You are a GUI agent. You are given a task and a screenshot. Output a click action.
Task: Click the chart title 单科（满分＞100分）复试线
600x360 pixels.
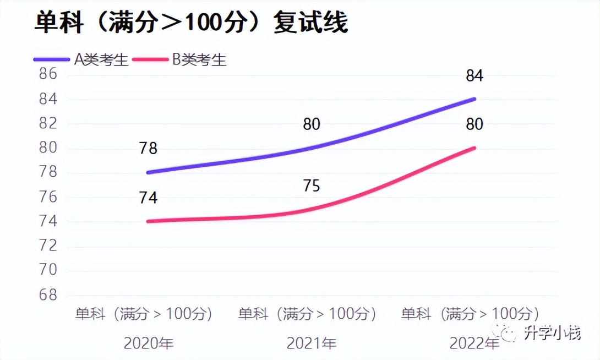[x=191, y=23]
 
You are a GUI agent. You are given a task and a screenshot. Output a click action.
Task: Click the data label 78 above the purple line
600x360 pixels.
[x=148, y=149]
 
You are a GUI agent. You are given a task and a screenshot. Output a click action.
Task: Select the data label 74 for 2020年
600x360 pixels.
[x=148, y=198]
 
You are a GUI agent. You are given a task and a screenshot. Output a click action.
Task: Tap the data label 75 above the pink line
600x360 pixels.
[x=311, y=186]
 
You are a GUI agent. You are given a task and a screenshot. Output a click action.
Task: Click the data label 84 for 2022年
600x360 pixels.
[x=474, y=75]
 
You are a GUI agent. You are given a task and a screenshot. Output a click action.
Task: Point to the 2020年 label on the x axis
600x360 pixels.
[x=149, y=344]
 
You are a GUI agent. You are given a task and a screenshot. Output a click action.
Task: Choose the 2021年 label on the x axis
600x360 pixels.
[x=312, y=344]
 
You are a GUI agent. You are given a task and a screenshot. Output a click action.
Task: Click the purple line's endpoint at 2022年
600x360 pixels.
[x=474, y=99]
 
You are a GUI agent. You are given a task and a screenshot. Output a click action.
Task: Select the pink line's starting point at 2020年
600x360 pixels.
[x=149, y=221]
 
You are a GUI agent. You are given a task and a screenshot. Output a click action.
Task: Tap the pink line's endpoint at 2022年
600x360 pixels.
[x=474, y=148]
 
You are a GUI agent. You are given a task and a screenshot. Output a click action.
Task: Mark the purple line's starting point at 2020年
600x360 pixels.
[x=149, y=172]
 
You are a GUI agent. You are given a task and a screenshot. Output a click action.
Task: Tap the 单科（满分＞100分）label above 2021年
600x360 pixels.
[x=308, y=314]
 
